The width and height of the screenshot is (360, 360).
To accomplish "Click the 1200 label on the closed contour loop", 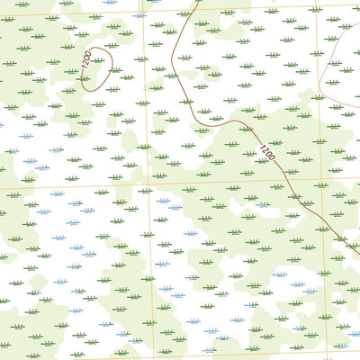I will click(x=86, y=62).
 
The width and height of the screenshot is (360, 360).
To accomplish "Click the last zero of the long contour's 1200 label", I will click(x=271, y=159).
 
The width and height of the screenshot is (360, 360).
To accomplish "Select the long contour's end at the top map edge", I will click(x=199, y=1).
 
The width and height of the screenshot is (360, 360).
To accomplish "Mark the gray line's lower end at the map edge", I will click(x=359, y=106).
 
